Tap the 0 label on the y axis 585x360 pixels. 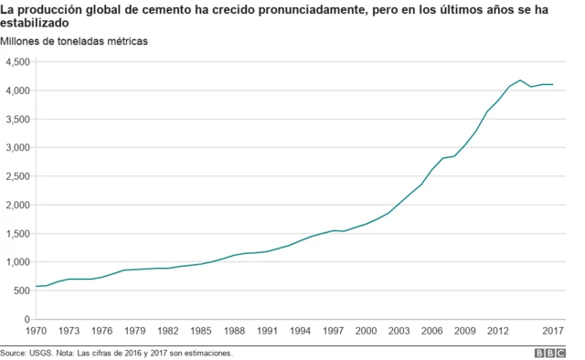[27, 319]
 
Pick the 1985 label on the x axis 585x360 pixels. [200, 331]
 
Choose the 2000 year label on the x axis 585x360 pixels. [366, 331]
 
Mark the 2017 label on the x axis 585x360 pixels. [553, 331]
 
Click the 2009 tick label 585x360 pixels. [465, 331]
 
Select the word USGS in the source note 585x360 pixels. [40, 352]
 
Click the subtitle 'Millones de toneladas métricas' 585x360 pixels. [74, 42]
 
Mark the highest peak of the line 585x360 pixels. [520, 80]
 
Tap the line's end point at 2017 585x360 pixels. [553, 85]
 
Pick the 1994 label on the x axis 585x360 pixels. [300, 331]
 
